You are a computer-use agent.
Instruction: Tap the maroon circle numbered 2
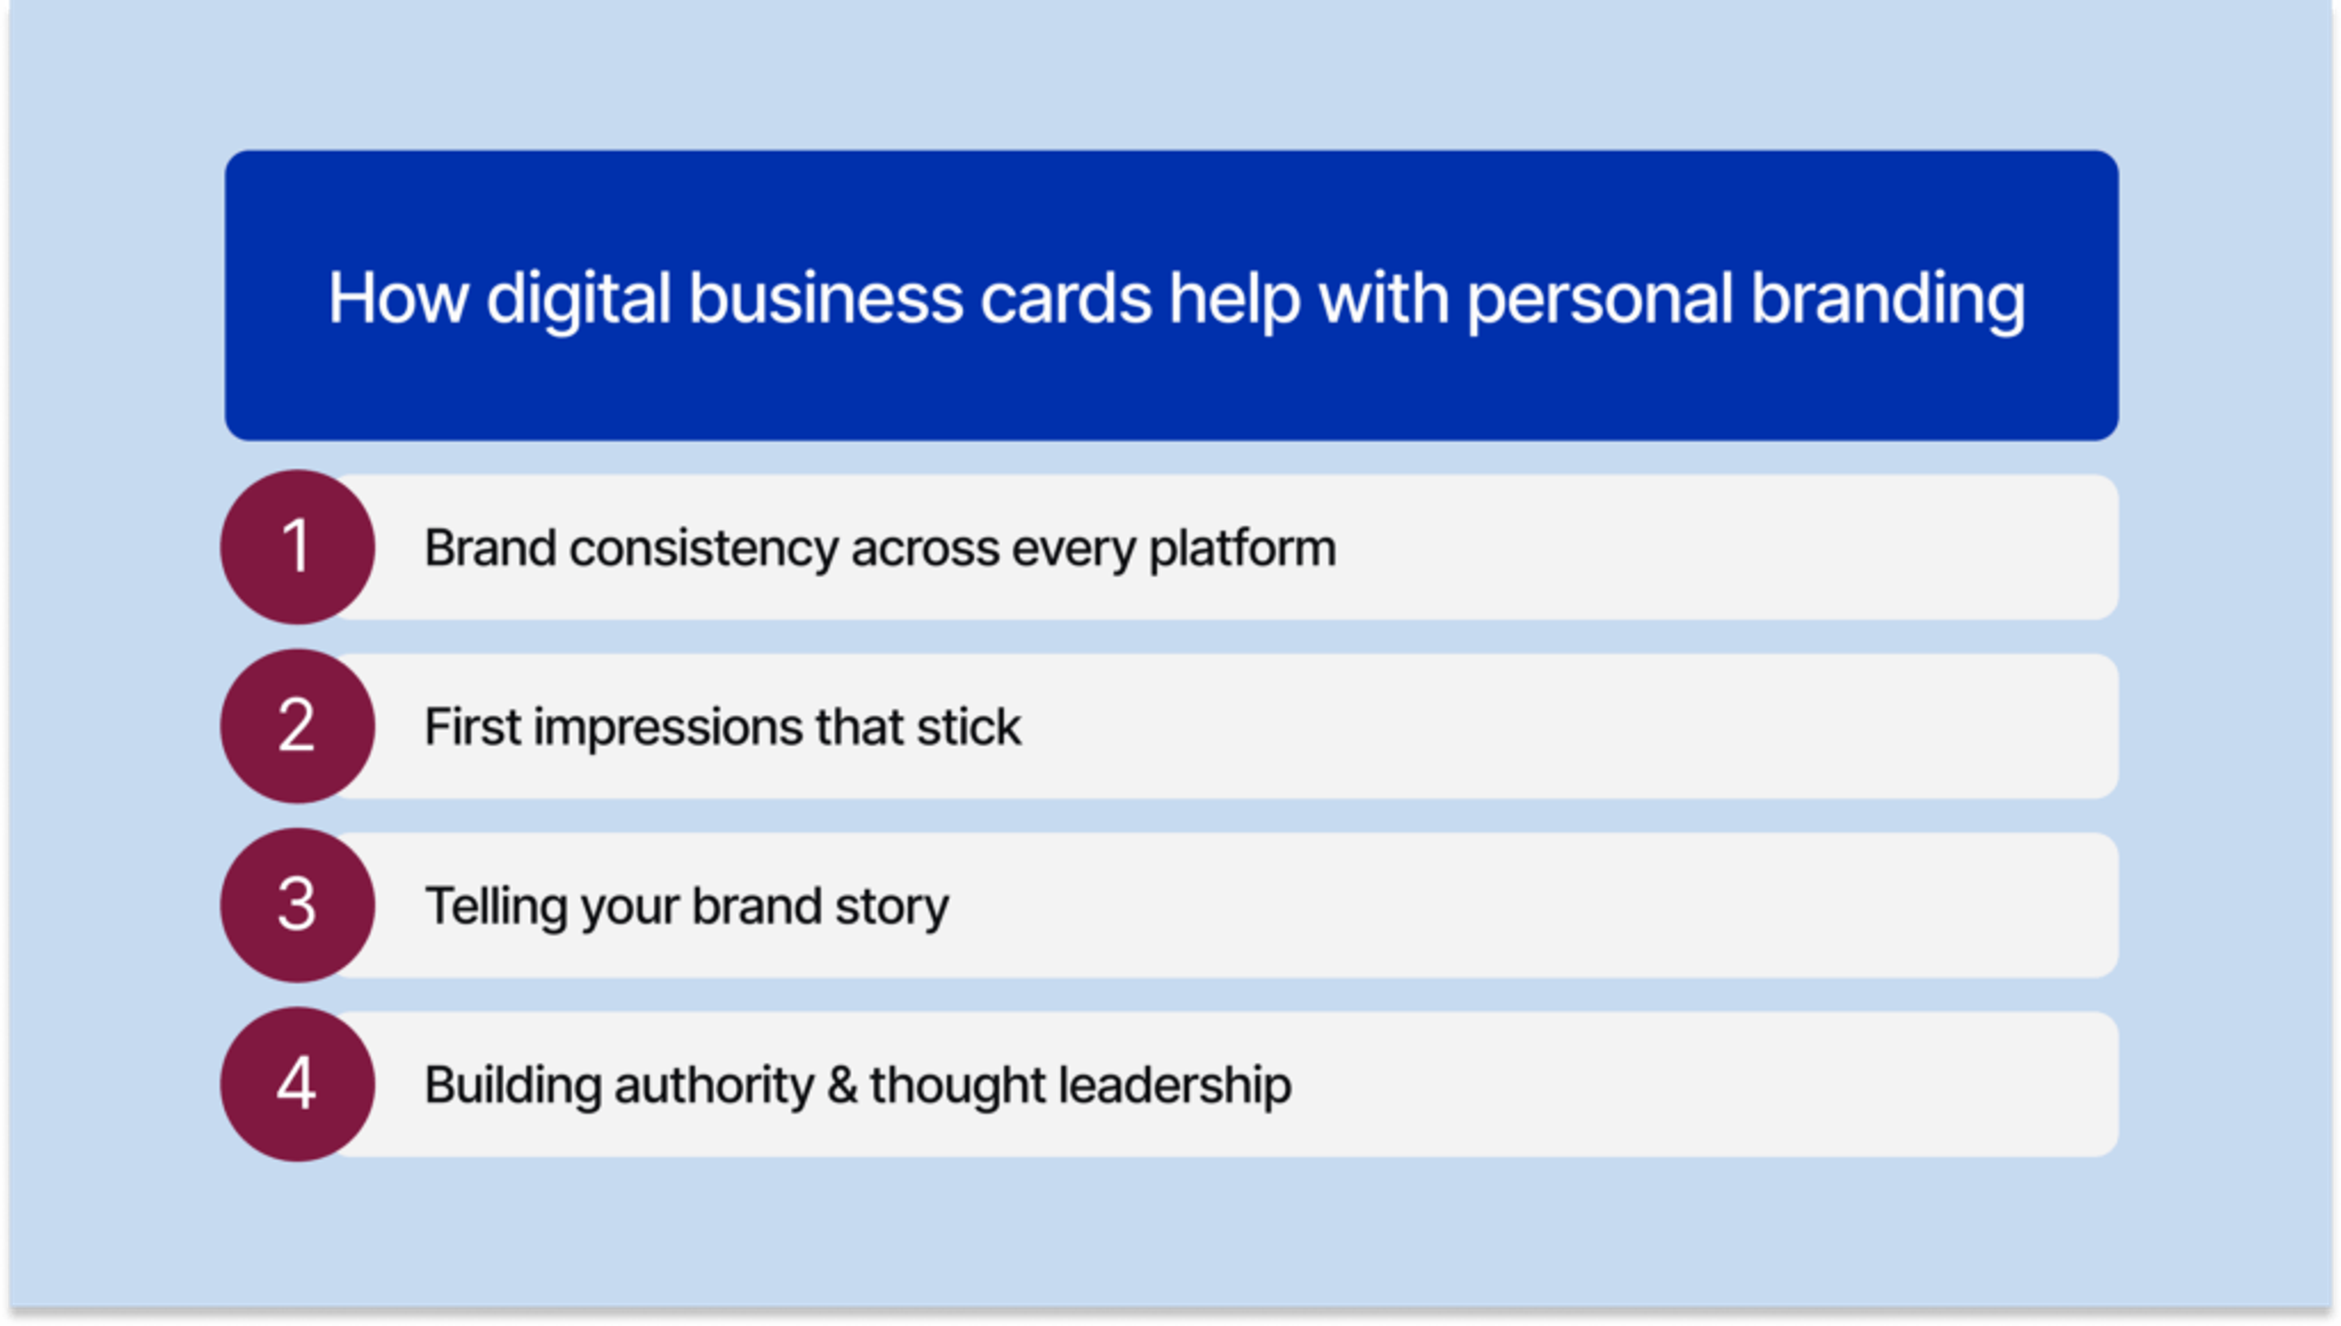[298, 726]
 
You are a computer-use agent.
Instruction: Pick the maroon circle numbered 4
[298, 1084]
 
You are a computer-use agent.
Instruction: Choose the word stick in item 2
[968, 727]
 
